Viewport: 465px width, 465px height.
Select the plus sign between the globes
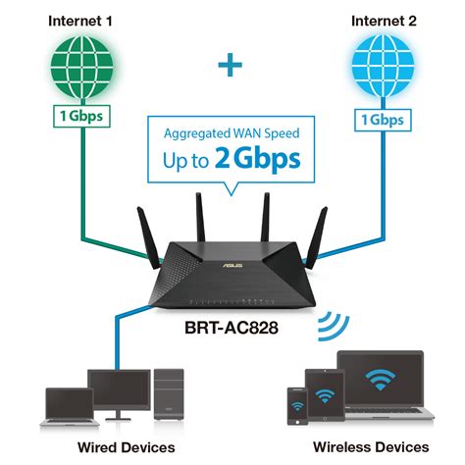pos(231,67)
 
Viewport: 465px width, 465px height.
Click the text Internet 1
pos(77,20)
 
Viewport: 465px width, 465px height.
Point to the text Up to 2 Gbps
pos(232,160)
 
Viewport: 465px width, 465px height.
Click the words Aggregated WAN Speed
pos(232,131)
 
